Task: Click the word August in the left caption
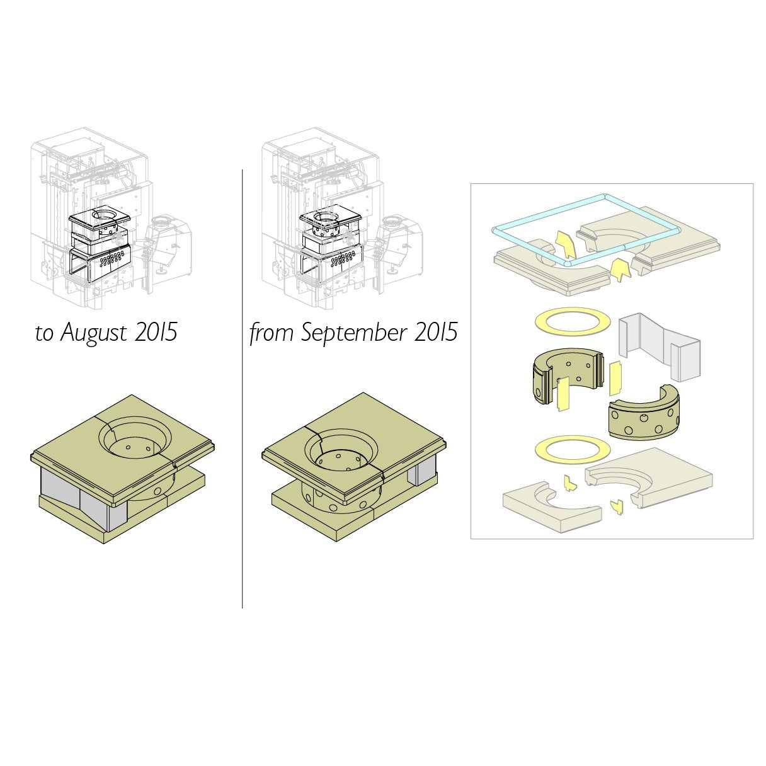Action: coord(94,333)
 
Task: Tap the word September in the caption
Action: coord(353,333)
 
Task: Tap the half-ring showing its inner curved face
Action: coord(566,376)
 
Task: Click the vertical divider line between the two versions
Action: coord(242,389)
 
